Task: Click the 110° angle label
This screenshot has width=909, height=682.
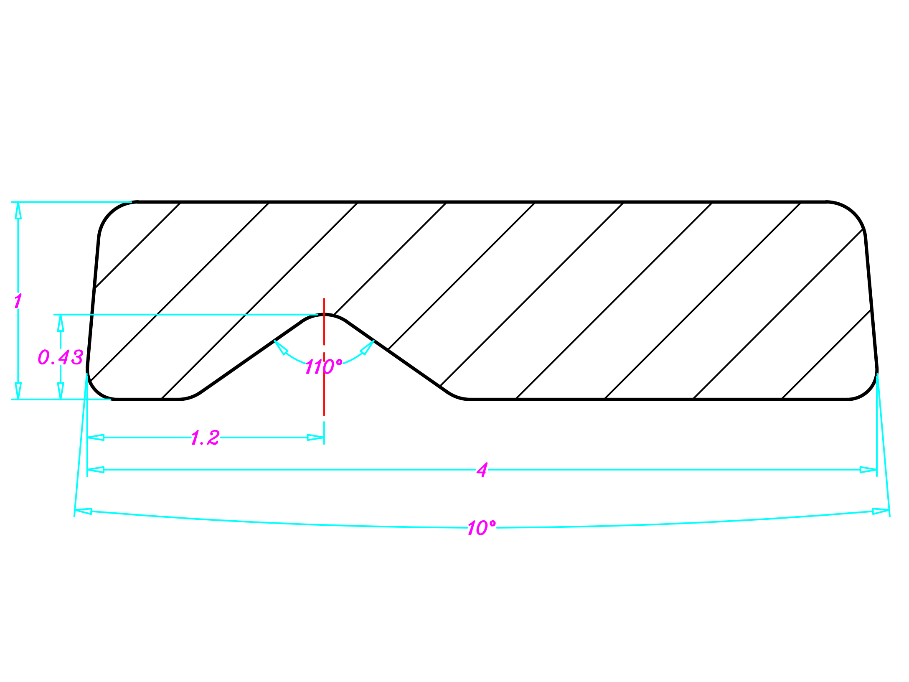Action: click(x=323, y=366)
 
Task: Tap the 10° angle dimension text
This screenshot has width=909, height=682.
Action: click(x=481, y=528)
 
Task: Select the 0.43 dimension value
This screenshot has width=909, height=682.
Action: click(x=61, y=357)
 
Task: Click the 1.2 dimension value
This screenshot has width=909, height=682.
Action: click(x=205, y=438)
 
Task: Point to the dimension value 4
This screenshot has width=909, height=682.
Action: click(x=482, y=470)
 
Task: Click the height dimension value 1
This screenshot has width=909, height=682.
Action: click(x=18, y=301)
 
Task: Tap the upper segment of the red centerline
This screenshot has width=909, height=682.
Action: click(x=324, y=321)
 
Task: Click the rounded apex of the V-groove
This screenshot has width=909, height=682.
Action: click(x=324, y=315)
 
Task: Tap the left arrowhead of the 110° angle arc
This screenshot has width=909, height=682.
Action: click(x=280, y=347)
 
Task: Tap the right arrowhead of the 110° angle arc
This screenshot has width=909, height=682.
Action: click(x=368, y=347)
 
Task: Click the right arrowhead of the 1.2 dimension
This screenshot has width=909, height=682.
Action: click(x=316, y=438)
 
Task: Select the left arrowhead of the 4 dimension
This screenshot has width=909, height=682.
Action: click(x=96, y=470)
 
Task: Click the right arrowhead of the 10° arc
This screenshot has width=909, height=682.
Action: click(x=881, y=511)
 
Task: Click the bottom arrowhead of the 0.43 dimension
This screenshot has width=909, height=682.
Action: click(x=61, y=391)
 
